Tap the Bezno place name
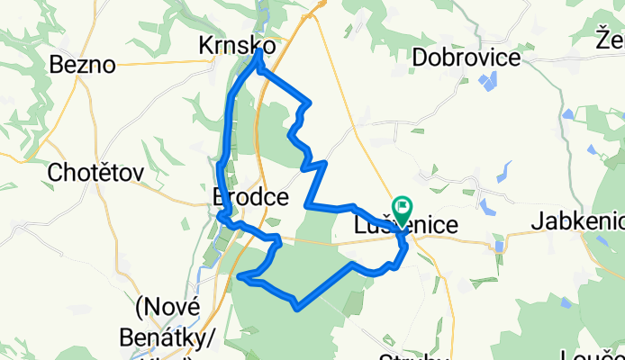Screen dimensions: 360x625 [x=83, y=65]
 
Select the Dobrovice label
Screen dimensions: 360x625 [x=466, y=58]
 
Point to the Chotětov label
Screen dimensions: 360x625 [x=95, y=171]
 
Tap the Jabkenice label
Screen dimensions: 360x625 [x=578, y=220]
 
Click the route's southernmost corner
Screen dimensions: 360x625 [x=296, y=309]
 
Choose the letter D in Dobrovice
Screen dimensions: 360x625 [x=421, y=58]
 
